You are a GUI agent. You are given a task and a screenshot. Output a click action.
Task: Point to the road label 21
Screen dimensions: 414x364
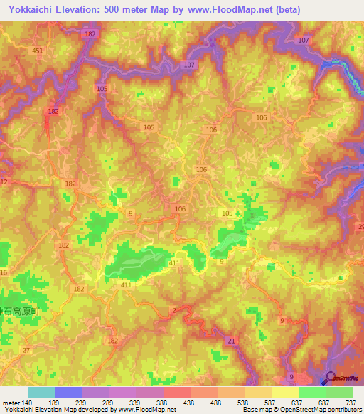(x=232, y=342)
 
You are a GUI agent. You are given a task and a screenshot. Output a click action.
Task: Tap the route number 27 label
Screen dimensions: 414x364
(x=26, y=350)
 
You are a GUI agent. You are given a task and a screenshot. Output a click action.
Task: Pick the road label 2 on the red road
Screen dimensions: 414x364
(x=174, y=310)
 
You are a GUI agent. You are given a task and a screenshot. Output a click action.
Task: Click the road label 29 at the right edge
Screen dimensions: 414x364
(x=360, y=226)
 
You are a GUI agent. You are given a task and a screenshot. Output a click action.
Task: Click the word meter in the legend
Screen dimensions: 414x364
(x=11, y=402)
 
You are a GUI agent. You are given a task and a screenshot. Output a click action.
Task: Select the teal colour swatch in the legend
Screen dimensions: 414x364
(x=42, y=392)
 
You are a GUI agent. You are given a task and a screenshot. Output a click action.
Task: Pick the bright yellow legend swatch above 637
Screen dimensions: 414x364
(x=284, y=392)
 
